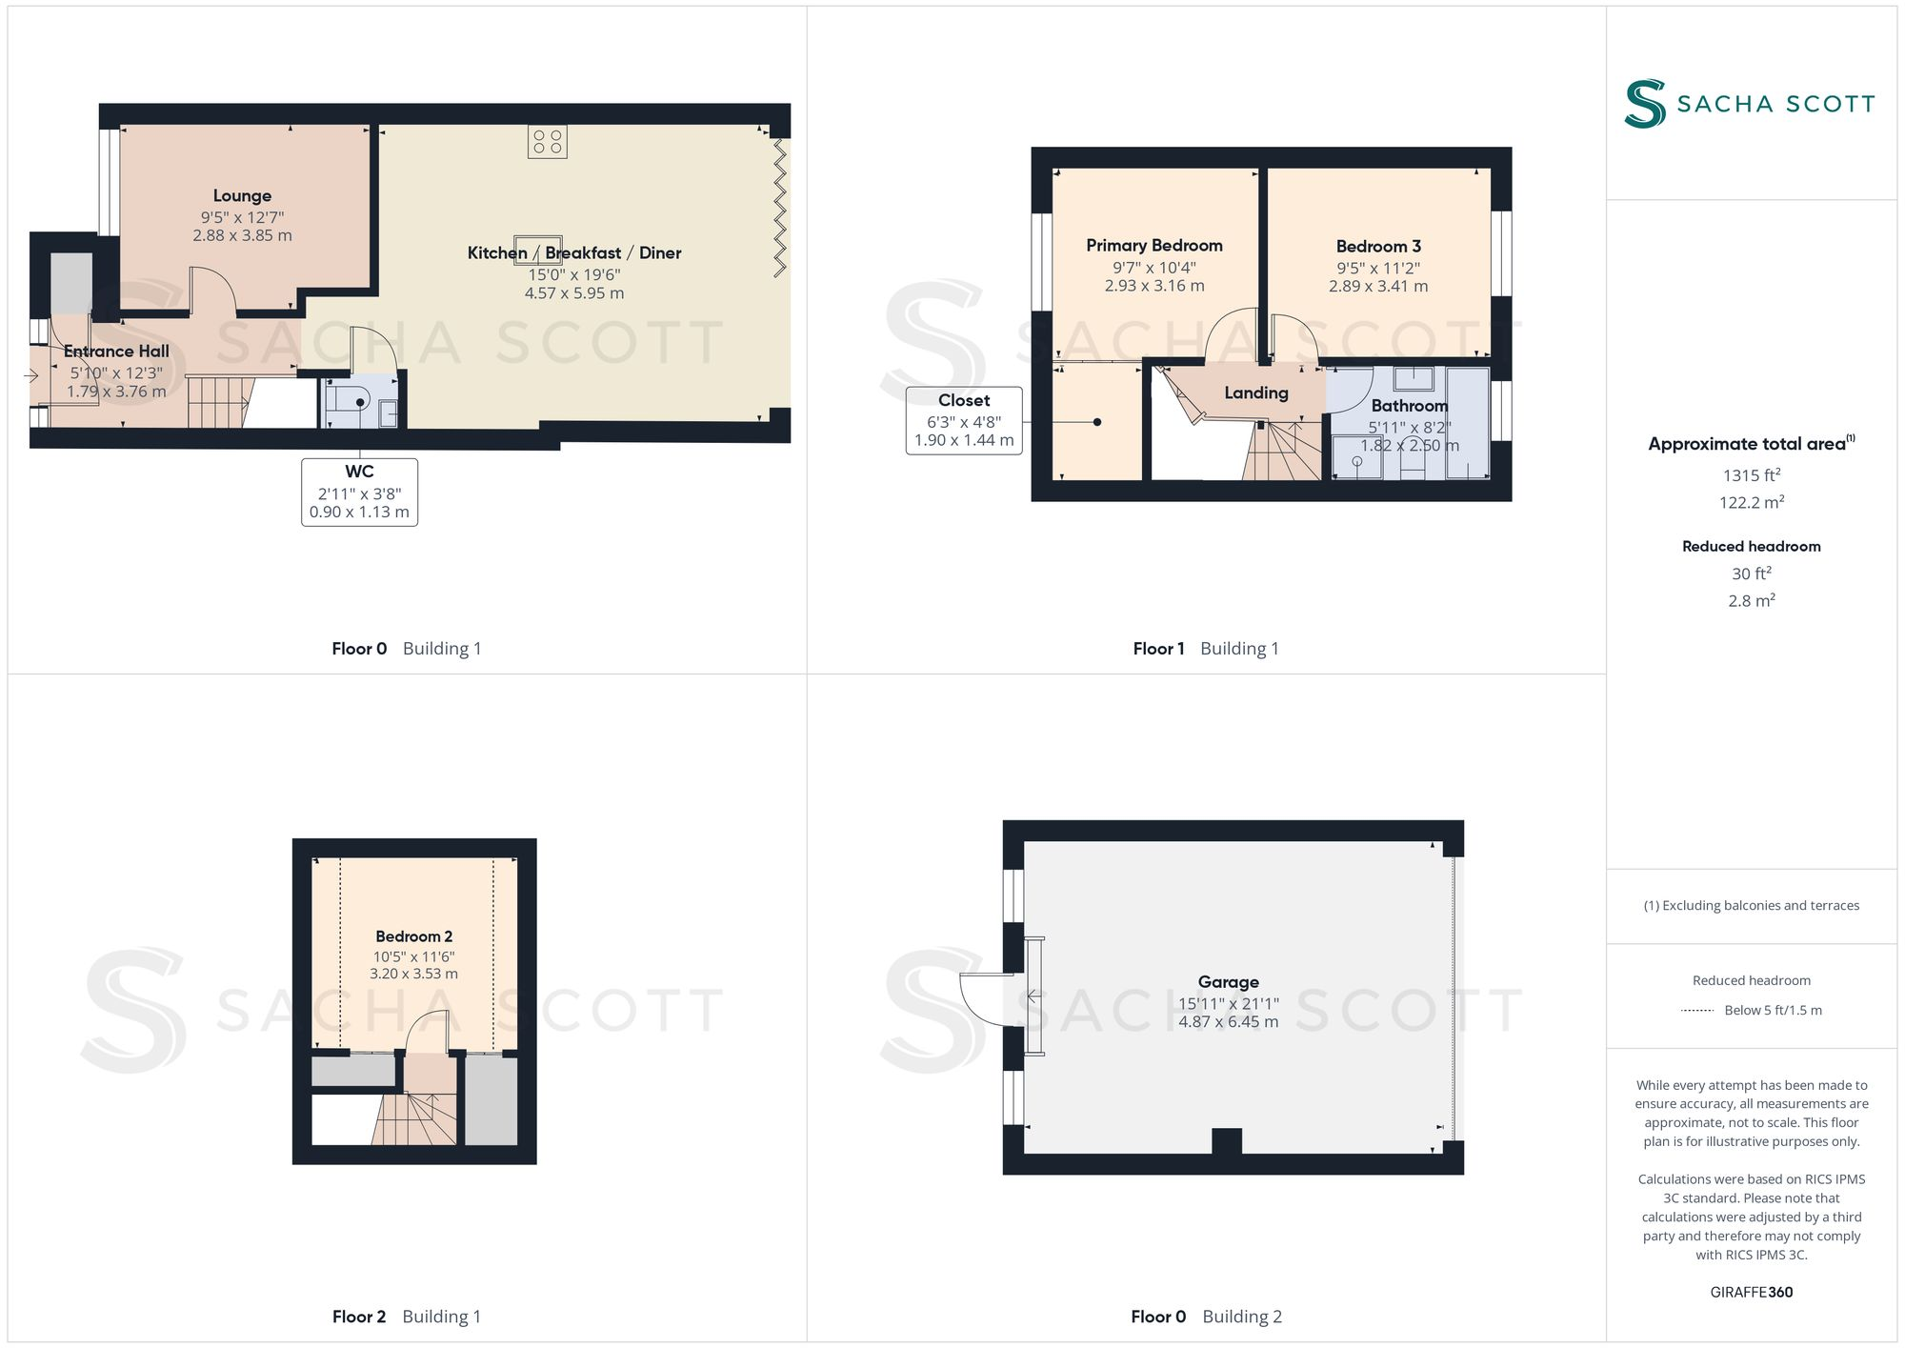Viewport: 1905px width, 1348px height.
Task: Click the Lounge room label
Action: click(x=242, y=196)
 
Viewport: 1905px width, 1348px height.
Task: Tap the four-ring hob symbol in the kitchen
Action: click(x=547, y=142)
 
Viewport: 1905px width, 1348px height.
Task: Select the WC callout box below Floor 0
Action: click(x=359, y=492)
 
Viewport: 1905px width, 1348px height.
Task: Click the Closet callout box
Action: click(x=963, y=420)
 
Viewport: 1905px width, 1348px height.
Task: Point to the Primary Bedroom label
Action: click(x=1153, y=246)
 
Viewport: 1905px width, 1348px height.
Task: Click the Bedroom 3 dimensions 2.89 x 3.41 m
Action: click(x=1377, y=286)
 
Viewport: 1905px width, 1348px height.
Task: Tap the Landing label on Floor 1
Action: click(x=1255, y=392)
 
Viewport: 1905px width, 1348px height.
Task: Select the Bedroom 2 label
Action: click(x=413, y=936)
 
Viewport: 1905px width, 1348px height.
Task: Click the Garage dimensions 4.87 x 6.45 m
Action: click(x=1228, y=1021)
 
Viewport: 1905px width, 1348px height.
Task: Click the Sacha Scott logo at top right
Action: click(x=1749, y=104)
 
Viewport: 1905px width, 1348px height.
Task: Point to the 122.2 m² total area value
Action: click(x=1751, y=502)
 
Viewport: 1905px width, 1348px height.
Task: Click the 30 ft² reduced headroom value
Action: click(x=1751, y=573)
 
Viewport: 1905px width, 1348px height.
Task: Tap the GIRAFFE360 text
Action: click(x=1751, y=1292)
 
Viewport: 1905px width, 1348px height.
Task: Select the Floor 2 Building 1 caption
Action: click(x=407, y=1316)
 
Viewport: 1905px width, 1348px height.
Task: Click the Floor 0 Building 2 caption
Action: click(x=1206, y=1316)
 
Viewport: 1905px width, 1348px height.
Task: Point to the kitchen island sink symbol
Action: click(x=538, y=250)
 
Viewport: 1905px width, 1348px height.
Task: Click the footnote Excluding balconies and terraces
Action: click(x=1751, y=905)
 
